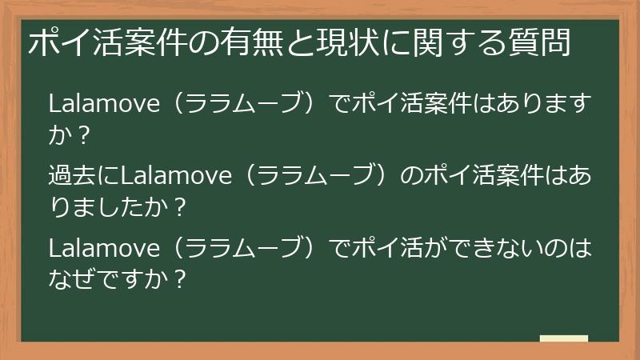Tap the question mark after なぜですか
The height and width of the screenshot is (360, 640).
tap(179, 279)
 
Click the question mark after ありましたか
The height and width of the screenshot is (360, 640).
tap(179, 207)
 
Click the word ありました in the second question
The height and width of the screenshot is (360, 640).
tap(96, 207)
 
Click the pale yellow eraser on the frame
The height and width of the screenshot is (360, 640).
tap(564, 339)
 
